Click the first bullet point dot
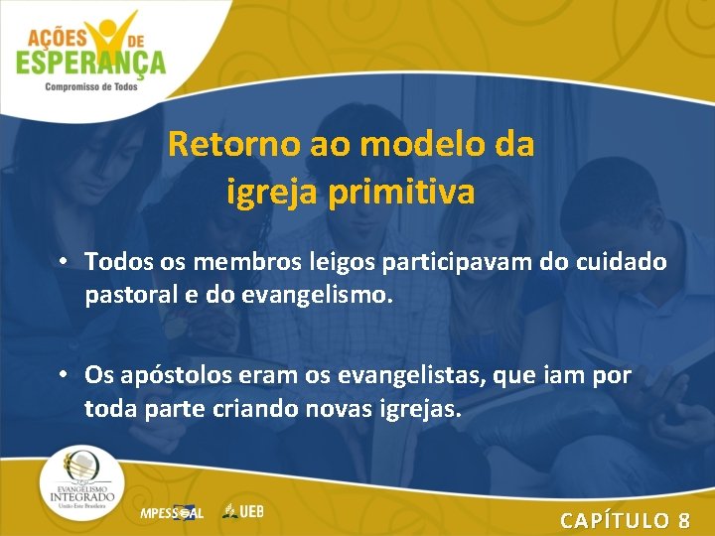(63, 261)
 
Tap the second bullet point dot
(63, 376)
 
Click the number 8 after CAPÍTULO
(684, 519)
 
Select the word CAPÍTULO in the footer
(614, 519)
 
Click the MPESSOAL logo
(172, 513)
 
